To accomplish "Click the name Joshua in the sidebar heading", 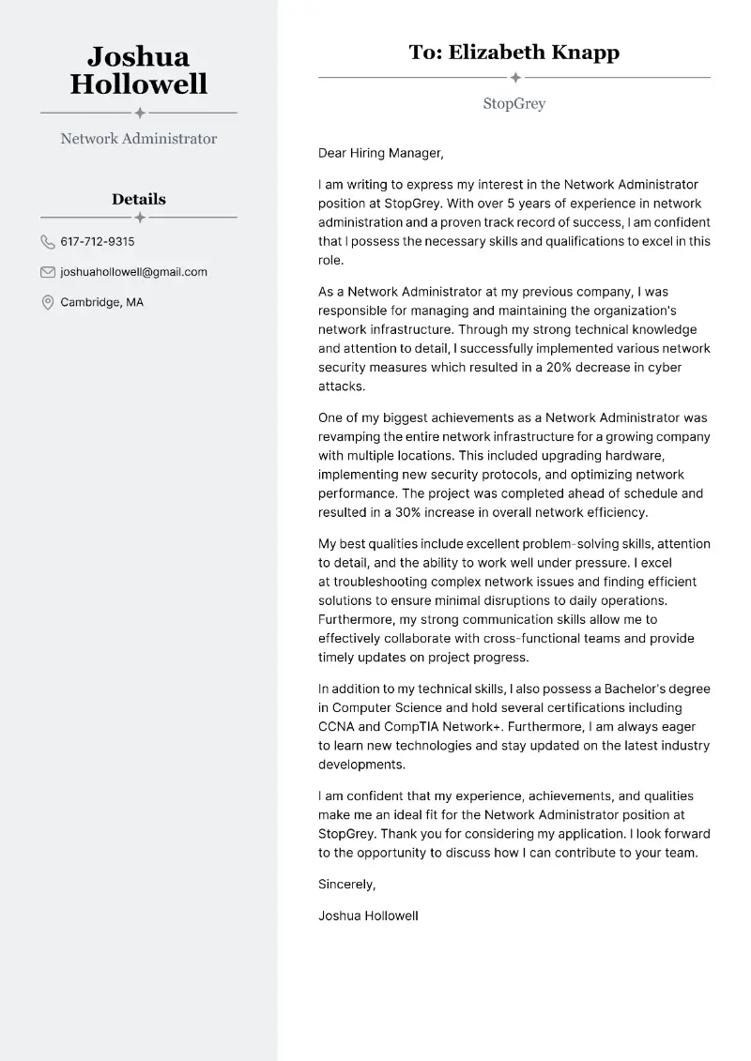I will coord(138,57).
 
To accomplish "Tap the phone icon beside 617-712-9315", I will coord(48,242).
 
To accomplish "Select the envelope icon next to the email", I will coord(48,272).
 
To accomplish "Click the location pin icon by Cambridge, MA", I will coord(48,302).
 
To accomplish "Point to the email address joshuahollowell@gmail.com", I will coord(133,272).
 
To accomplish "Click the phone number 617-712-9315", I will coord(97,242).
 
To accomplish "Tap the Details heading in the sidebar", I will coord(138,199).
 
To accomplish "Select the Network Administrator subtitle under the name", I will coord(138,139).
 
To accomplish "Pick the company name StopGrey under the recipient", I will coord(513,103).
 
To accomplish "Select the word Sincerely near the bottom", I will coord(346,884).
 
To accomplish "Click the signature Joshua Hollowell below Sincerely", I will coord(368,916).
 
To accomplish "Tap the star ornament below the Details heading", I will coord(139,218).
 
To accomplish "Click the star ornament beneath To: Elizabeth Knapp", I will coord(514,77).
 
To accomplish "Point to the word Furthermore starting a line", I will coord(358,619).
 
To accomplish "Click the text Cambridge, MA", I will coord(101,302).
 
